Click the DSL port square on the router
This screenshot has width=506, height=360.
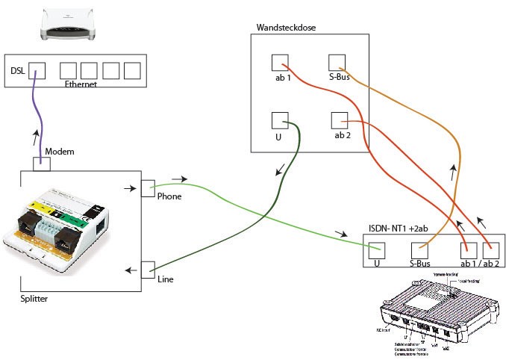coord(37,70)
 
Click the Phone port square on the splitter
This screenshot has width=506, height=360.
coord(148,187)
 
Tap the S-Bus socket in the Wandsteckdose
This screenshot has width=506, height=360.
coord(337,62)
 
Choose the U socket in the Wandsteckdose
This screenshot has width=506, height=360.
coord(280,120)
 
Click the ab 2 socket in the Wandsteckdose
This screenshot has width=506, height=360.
coord(338,120)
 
